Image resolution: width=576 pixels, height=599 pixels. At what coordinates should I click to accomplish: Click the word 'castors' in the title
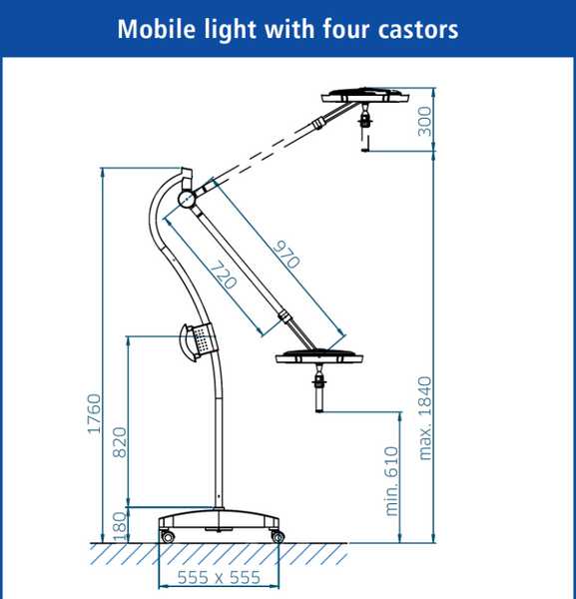tap(418, 29)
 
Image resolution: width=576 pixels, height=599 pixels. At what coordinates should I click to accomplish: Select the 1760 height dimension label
tap(94, 413)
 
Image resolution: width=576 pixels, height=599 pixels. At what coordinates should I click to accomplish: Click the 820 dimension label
tap(120, 442)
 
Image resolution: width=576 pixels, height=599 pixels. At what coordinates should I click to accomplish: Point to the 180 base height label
tap(120, 527)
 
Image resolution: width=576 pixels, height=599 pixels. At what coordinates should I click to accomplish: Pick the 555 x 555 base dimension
tap(219, 577)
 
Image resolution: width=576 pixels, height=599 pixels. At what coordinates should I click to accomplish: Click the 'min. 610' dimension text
tap(392, 481)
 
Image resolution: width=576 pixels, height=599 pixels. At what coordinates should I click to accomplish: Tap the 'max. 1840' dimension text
tap(424, 418)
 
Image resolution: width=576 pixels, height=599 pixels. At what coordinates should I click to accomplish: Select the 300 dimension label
tap(424, 122)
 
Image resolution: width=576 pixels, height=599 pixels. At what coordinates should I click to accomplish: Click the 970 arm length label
tap(287, 255)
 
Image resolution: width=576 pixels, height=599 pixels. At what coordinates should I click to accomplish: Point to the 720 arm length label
tap(224, 275)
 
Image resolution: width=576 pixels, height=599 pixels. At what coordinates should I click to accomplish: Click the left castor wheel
tap(168, 536)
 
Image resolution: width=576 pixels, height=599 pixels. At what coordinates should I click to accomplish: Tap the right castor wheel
tap(278, 537)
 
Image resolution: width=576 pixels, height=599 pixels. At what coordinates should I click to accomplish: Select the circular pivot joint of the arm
tap(187, 199)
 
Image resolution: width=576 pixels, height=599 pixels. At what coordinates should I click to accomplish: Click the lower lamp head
tap(319, 357)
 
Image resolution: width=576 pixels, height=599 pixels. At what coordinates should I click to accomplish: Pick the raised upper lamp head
tap(365, 96)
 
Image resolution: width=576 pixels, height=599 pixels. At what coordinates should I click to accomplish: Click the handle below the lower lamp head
tap(318, 389)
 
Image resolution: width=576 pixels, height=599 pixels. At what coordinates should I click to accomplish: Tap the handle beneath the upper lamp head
tap(365, 127)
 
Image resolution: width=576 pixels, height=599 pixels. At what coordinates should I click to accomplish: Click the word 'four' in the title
tap(346, 29)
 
